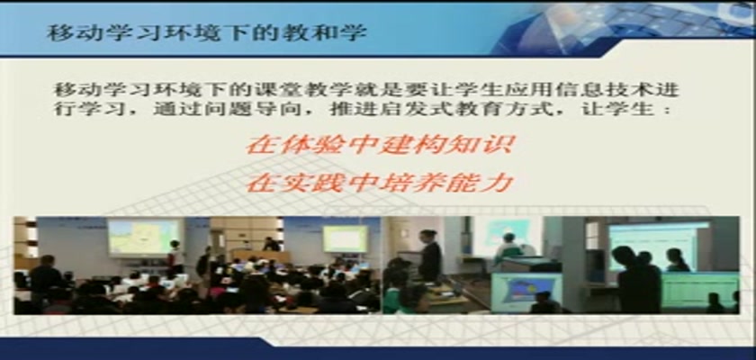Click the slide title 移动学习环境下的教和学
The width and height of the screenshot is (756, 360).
pyautogui.click(x=207, y=32)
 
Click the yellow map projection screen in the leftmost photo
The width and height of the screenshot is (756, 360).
pyautogui.click(x=143, y=237)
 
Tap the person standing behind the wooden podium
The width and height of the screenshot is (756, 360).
pyautogui.click(x=272, y=244)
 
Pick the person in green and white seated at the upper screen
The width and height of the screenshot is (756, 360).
pyautogui.click(x=508, y=247)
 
